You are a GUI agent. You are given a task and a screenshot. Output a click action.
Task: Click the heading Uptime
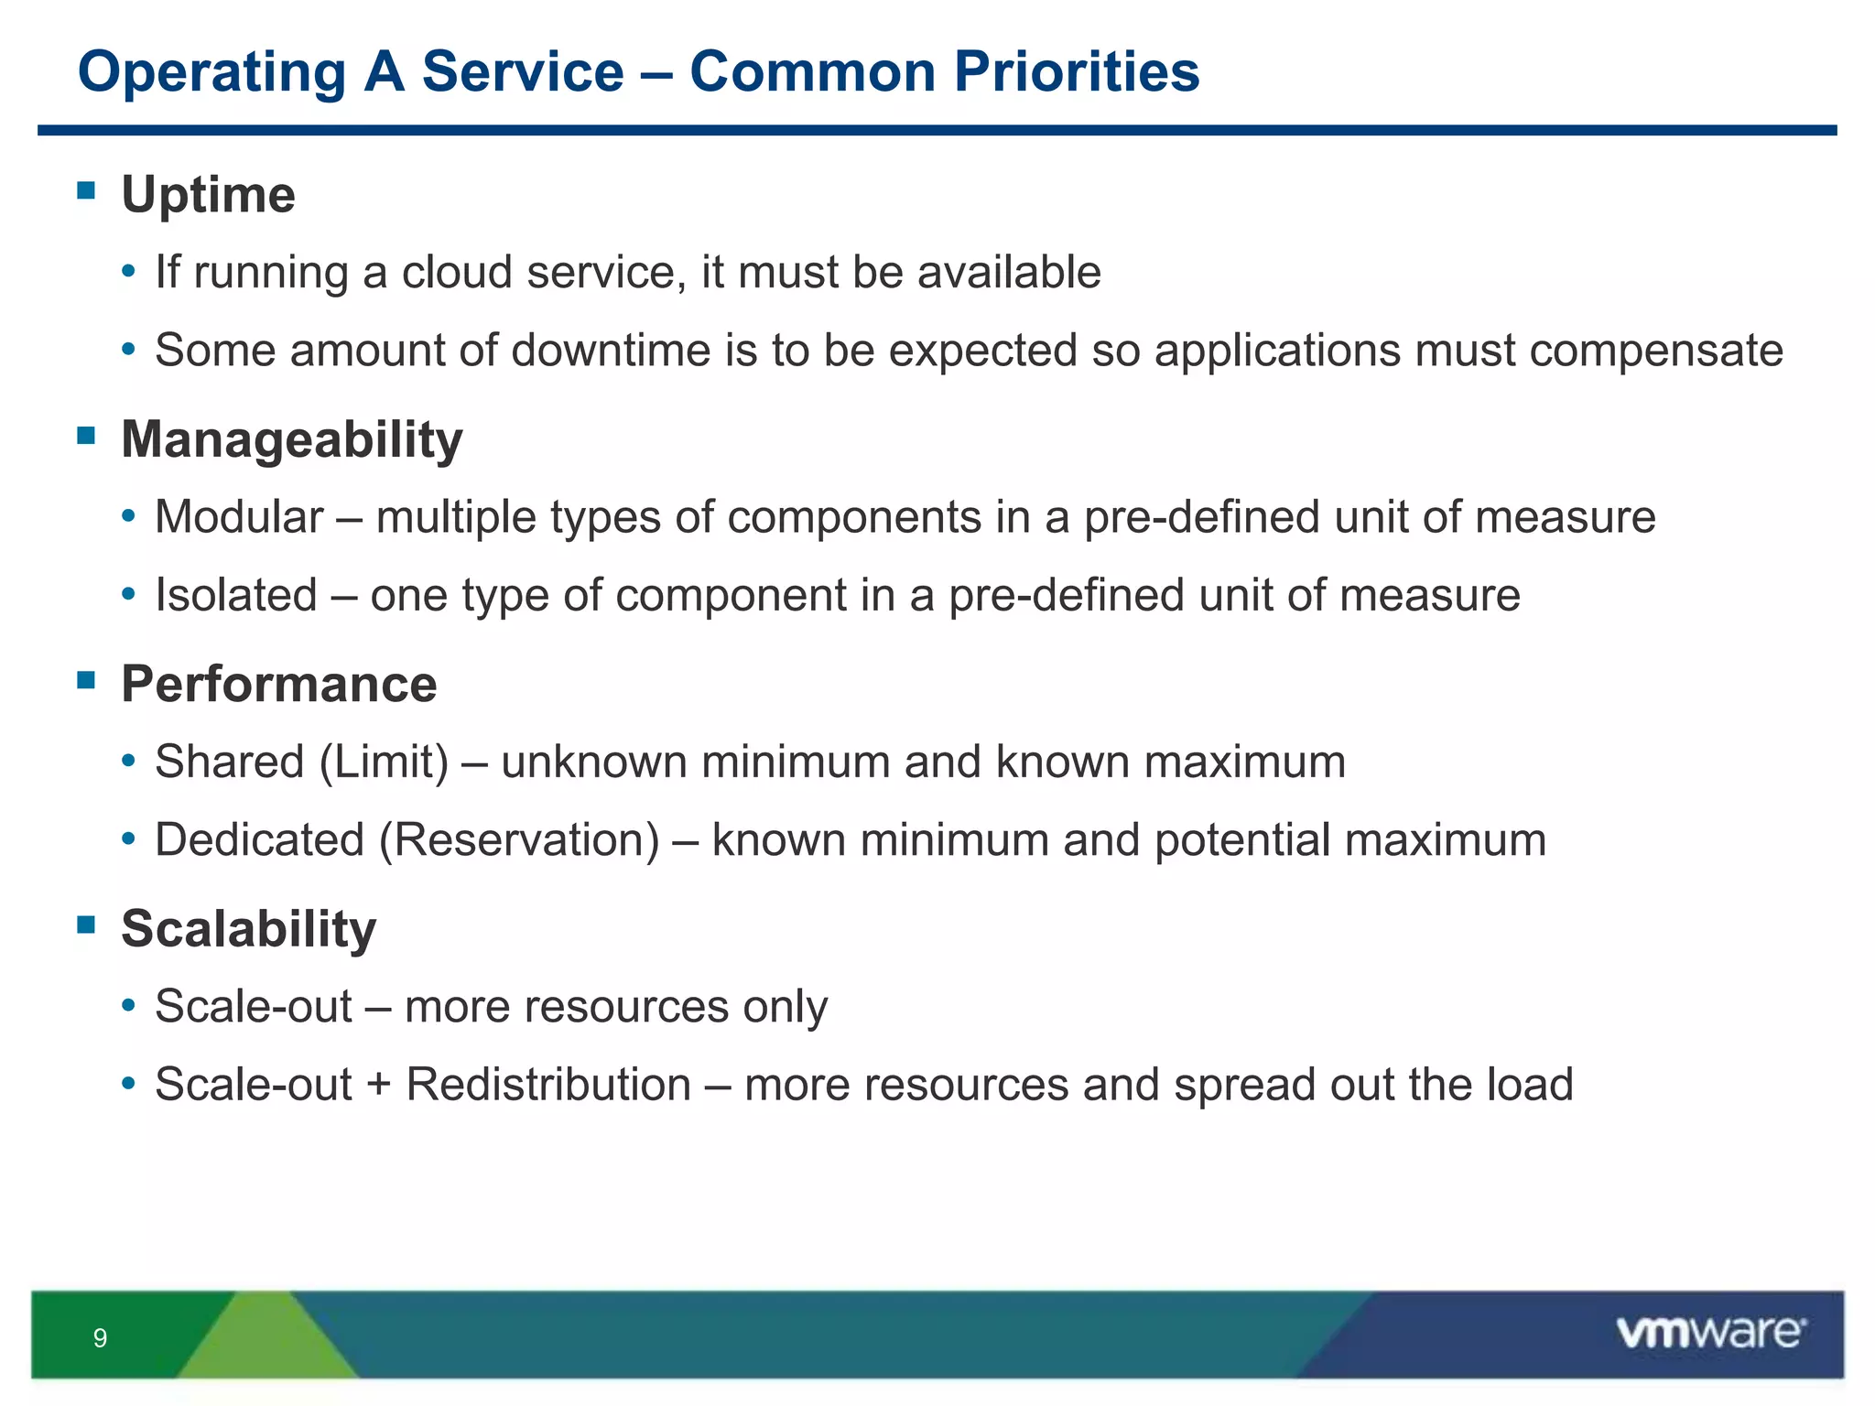(x=208, y=195)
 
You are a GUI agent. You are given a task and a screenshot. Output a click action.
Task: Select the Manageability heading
(x=291, y=439)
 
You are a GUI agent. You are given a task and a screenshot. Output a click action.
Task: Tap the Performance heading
(x=278, y=684)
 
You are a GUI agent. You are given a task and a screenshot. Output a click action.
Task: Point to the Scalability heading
(x=248, y=928)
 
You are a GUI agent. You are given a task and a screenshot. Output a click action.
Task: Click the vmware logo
(x=1710, y=1333)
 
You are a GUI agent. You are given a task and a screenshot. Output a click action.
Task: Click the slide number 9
(x=100, y=1338)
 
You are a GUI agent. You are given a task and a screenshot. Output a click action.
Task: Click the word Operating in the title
(x=211, y=71)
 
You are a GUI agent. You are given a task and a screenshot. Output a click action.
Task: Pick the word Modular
(x=239, y=517)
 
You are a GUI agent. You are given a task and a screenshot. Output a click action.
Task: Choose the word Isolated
(x=235, y=595)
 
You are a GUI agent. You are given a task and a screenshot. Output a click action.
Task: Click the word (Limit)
(x=385, y=762)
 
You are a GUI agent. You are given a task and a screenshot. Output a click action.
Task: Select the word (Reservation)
(x=519, y=840)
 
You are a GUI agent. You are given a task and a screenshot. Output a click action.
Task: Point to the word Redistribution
(x=548, y=1085)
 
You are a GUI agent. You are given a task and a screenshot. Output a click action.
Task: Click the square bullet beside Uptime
(x=86, y=190)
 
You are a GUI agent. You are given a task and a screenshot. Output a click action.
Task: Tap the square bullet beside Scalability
(x=86, y=925)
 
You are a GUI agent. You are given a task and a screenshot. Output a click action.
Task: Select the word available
(x=1009, y=273)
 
